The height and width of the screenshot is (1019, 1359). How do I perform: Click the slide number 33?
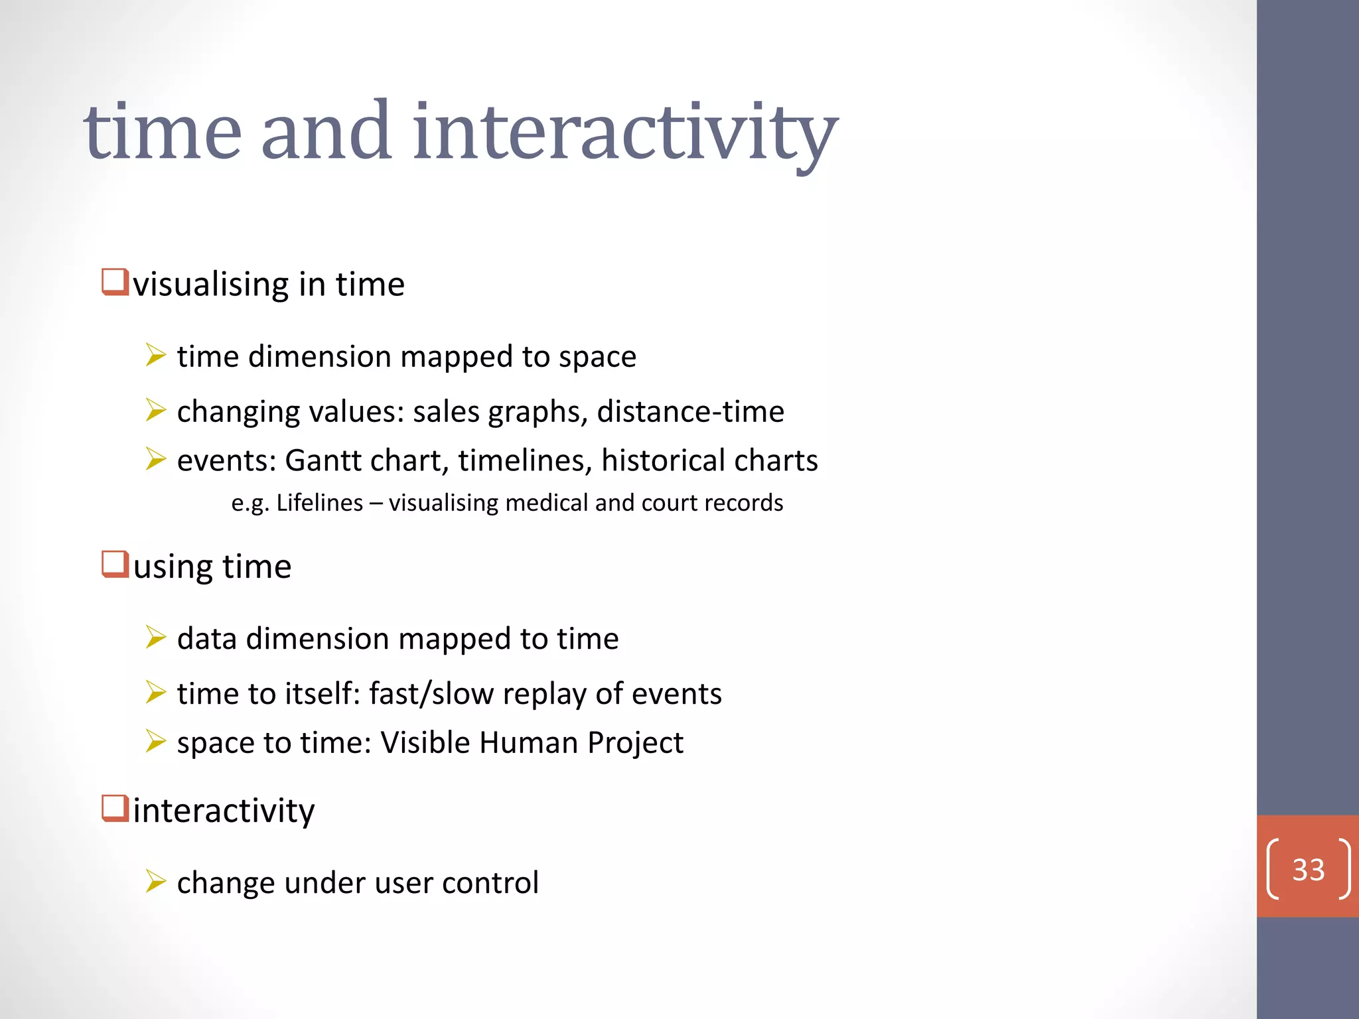point(1308,869)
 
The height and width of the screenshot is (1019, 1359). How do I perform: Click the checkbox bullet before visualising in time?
point(115,282)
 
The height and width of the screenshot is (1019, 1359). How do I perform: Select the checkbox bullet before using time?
point(115,565)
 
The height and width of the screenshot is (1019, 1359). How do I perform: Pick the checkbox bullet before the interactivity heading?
point(115,809)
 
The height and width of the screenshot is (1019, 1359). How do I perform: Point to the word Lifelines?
point(319,503)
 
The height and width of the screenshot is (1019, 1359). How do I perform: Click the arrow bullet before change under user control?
point(155,882)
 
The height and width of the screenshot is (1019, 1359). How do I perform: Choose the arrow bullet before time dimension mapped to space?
point(155,356)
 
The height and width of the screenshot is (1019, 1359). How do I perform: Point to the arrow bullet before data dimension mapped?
point(155,638)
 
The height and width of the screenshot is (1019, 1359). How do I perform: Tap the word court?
point(670,503)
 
